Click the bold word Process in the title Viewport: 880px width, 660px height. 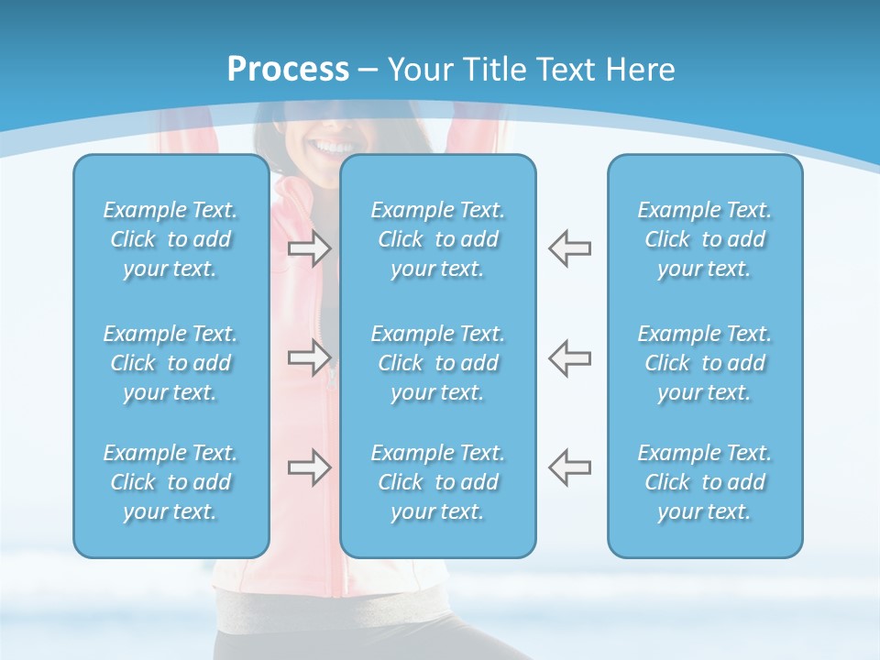[288, 70]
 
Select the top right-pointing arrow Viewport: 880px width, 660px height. [309, 248]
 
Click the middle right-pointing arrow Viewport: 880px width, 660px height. [309, 357]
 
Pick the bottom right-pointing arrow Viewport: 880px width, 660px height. [309, 467]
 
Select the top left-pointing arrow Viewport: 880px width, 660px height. [569, 248]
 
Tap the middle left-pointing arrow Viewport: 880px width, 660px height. [569, 357]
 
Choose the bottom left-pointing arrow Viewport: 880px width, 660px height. [569, 467]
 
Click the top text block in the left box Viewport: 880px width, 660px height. [170, 239]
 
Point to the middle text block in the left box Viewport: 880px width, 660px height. [170, 363]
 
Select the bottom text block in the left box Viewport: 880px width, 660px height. [170, 482]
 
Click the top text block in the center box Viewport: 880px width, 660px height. [437, 239]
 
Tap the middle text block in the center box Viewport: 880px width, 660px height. [437, 363]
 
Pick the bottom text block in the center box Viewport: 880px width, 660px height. [437, 482]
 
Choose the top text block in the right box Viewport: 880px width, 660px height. [704, 239]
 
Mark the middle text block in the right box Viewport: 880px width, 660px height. [704, 363]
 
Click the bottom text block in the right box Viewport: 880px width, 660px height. [704, 482]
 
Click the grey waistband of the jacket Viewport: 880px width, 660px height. [367, 610]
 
